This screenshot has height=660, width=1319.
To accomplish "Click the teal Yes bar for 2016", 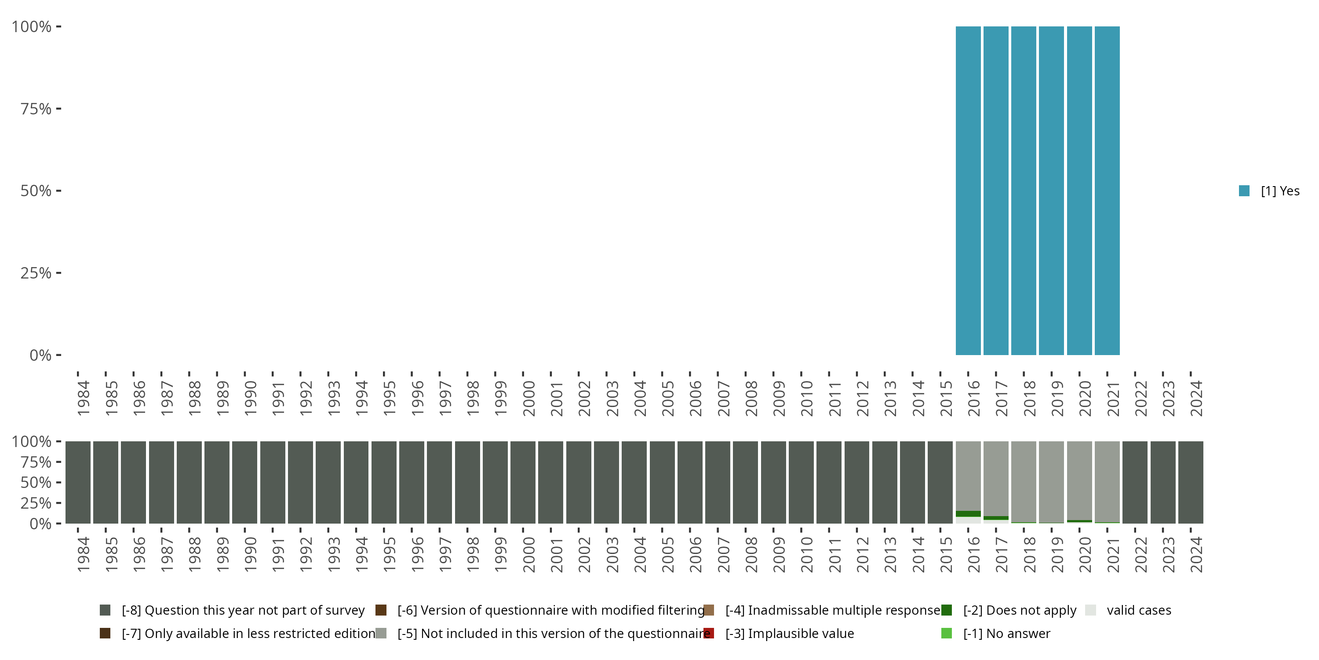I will coord(968,191).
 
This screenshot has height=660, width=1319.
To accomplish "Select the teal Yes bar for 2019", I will coord(1051,191).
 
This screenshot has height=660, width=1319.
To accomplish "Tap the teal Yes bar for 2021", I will coord(1107,191).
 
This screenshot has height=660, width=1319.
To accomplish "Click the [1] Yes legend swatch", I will coord(1244,191).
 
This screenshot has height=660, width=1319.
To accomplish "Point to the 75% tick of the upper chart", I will coord(58,109).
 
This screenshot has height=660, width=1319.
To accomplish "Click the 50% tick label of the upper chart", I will coord(36,191).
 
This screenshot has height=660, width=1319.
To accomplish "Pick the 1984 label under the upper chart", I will coord(84,398).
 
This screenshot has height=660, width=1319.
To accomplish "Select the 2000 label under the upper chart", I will coord(528,398).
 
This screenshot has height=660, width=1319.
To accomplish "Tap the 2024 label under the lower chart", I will coord(1195,554).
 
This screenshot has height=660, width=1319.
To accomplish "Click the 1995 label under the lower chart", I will coord(389,554).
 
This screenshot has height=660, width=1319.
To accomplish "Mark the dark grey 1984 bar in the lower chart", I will coord(78,482).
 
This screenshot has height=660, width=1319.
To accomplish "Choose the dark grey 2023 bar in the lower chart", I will coord(1163,482).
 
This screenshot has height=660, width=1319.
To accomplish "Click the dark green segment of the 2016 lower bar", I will coord(968,513).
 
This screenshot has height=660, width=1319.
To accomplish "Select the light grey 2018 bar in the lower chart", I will coord(1024,482).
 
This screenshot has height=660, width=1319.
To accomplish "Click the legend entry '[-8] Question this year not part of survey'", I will coord(243,610).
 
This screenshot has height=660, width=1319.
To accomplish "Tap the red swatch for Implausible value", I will coord(709,633).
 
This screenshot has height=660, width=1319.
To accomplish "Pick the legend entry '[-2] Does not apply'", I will coord(1019,610).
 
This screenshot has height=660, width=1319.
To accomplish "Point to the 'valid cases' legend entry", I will coord(1138,610).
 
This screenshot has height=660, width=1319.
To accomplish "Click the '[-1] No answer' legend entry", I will coord(1006,633).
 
